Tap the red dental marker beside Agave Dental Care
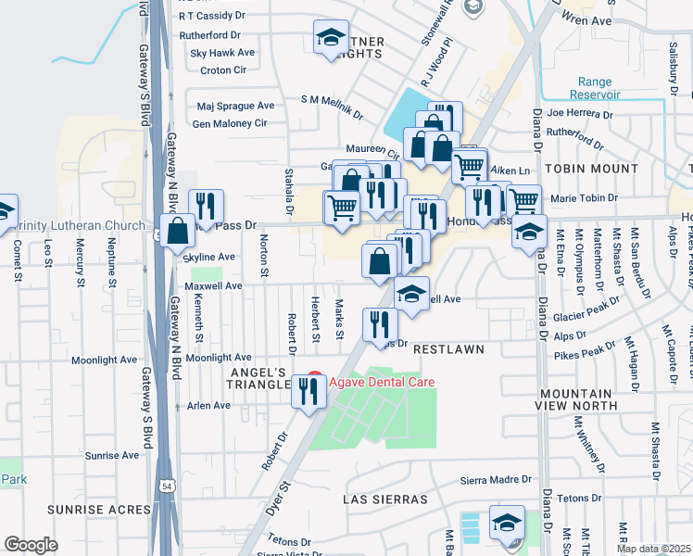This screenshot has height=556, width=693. (x=314, y=381)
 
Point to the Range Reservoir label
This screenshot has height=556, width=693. (x=594, y=89)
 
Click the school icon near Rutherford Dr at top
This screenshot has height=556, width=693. (x=331, y=37)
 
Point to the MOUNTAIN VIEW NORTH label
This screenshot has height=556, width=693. (x=577, y=399)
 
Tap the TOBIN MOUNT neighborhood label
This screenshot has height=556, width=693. (x=590, y=170)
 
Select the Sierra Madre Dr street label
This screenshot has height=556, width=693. (x=497, y=481)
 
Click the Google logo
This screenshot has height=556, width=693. (x=31, y=545)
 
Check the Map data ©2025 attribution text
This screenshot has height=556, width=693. (x=652, y=549)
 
